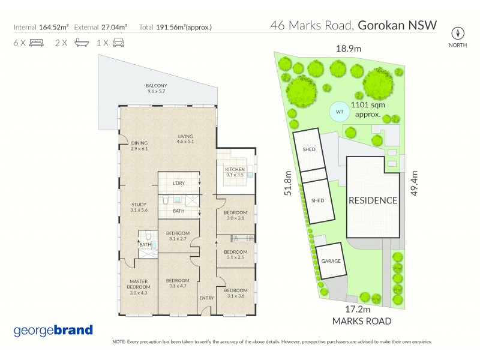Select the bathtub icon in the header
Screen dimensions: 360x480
pos(80,43)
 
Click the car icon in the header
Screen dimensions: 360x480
pos(118,43)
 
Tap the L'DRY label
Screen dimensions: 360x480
pos(178,182)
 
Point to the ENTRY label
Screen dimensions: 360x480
pos(206,298)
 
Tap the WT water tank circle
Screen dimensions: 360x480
pos(339,112)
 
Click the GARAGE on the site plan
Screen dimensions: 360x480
pos(331,262)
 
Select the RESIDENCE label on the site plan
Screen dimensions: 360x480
pos(373,200)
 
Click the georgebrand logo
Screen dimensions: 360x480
pos(53,330)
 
